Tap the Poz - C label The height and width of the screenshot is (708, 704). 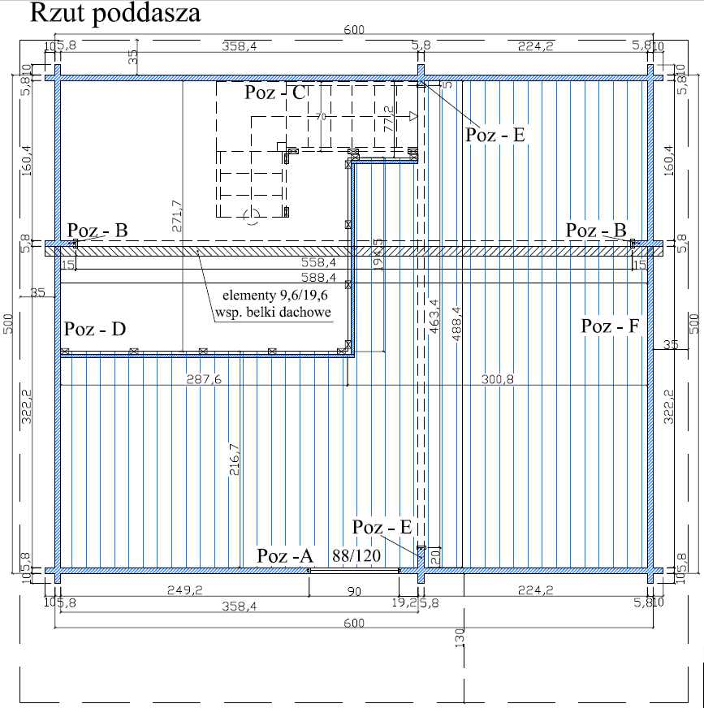coord(275,93)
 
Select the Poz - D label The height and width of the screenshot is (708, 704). coord(96,329)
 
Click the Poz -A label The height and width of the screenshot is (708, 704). coord(285,556)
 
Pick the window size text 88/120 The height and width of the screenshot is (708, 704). coord(357,556)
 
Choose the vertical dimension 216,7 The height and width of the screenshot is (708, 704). coord(235,461)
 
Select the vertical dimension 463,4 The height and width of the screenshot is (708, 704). coord(434,317)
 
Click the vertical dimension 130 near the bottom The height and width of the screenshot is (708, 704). coord(460,641)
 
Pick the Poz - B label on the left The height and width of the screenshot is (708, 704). coord(97,230)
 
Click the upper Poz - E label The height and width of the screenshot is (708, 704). coord(495,135)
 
